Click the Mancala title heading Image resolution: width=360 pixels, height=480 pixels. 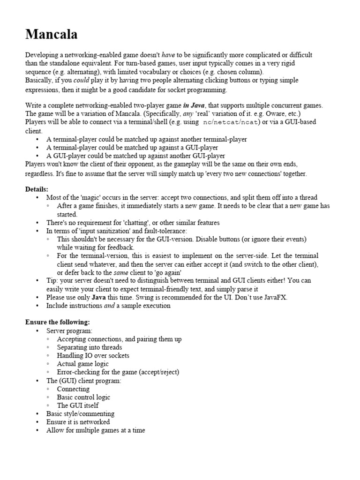coord(52,34)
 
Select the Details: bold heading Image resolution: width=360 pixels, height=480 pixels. coord(37,189)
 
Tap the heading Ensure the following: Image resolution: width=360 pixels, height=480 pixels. coord(57,322)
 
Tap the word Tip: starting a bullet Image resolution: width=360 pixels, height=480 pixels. coord(52,280)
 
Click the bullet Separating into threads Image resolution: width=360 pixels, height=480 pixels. coord(89,347)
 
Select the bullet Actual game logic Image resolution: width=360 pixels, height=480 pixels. coord(82,364)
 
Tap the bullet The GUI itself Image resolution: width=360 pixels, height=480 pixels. coord(77,405)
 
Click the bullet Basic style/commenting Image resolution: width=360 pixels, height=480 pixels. coord(80,414)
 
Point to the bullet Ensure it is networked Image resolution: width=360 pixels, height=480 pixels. coord(78,422)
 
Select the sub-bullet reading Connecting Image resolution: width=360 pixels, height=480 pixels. coord(73,389)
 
